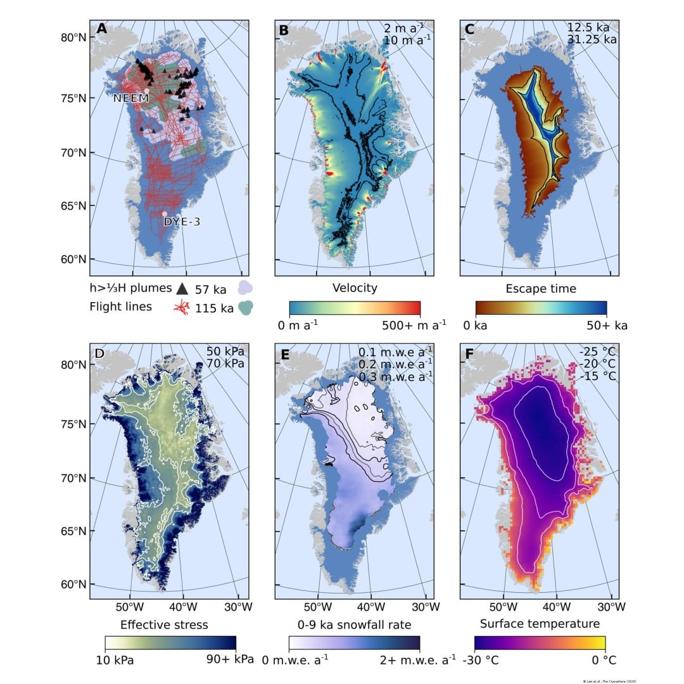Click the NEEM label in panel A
tap(130, 98)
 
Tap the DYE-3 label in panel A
tap(181, 222)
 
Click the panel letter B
tap(284, 29)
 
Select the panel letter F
tap(469, 353)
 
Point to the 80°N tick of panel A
tap(73, 37)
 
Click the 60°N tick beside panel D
tap(73, 584)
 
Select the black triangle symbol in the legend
tap(182, 289)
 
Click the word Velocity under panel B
tap(355, 288)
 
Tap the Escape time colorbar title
tap(540, 288)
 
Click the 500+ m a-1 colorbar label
tap(414, 326)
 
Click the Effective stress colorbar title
tap(164, 625)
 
